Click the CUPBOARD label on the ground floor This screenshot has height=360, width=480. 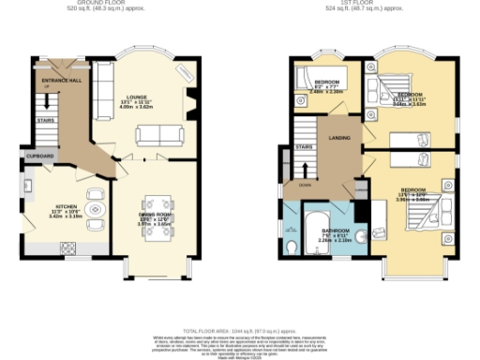[x=39, y=155]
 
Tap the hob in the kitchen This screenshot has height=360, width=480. [x=68, y=247]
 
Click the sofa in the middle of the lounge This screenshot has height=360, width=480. [x=152, y=137]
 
